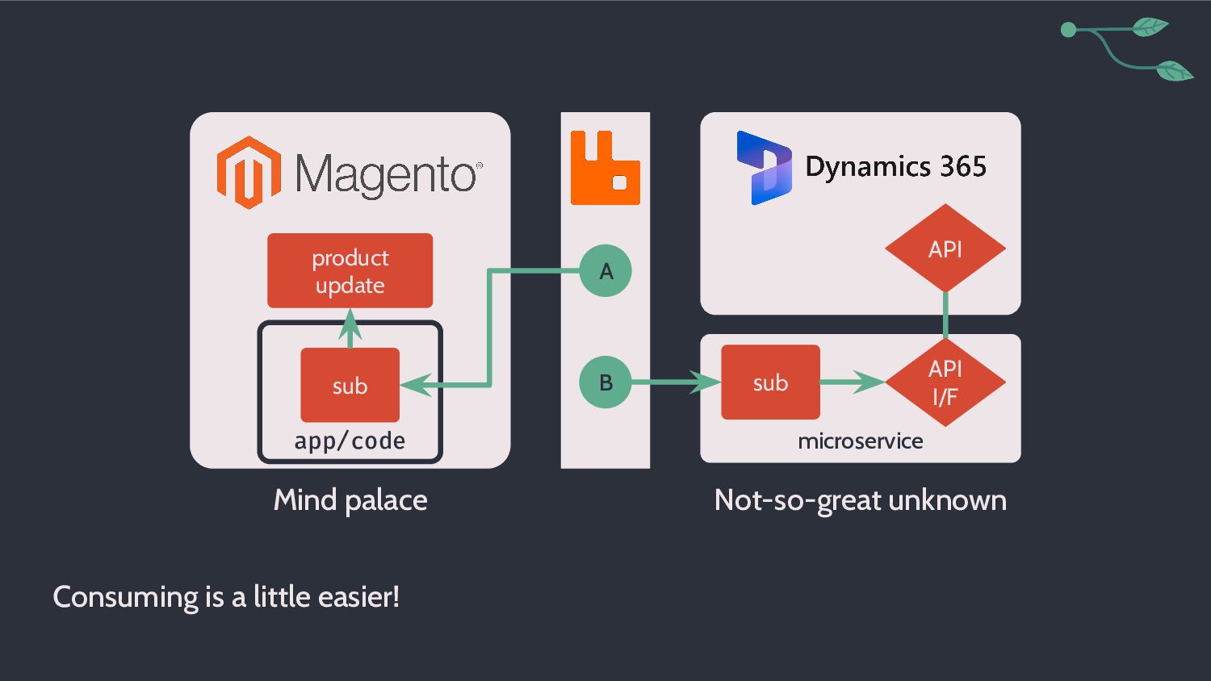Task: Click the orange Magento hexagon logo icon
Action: pyautogui.click(x=249, y=173)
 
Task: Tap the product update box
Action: pyautogui.click(x=350, y=271)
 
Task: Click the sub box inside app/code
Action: pyautogui.click(x=350, y=385)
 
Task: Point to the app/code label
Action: pyautogui.click(x=350, y=441)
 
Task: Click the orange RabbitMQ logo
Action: pyautogui.click(x=605, y=168)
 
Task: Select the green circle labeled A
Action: pyautogui.click(x=605, y=271)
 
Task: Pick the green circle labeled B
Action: pyautogui.click(x=605, y=382)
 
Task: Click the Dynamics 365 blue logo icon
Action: pyautogui.click(x=764, y=168)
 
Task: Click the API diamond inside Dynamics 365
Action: pyautogui.click(x=945, y=248)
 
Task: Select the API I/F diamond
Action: pyautogui.click(x=945, y=382)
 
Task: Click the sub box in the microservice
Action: pyautogui.click(x=770, y=382)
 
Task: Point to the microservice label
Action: pyautogui.click(x=861, y=441)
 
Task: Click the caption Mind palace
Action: pyautogui.click(x=350, y=500)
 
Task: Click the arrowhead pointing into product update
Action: pyautogui.click(x=350, y=324)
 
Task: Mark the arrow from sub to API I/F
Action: pyautogui.click(x=853, y=382)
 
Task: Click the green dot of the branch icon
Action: pyautogui.click(x=1069, y=30)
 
